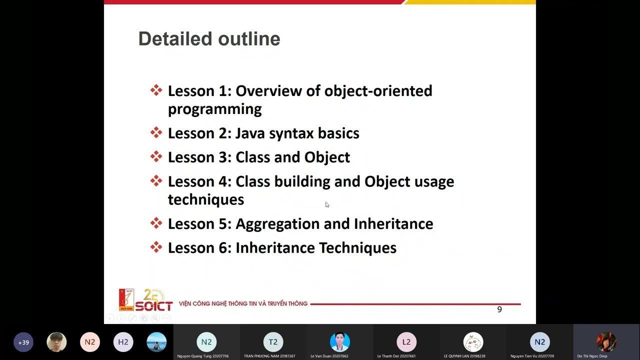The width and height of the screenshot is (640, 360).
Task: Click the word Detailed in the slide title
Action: tap(167, 39)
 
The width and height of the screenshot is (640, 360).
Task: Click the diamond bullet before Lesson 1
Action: tap(156, 90)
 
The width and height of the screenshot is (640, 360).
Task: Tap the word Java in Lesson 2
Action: tap(250, 133)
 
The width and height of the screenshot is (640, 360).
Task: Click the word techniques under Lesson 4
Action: tap(205, 199)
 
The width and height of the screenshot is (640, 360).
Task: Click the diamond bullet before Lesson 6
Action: tap(156, 247)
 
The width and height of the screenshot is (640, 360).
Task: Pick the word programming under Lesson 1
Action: tap(214, 109)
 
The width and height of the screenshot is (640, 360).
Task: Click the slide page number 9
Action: tap(499, 309)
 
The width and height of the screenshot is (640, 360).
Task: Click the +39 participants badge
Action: tap(23, 342)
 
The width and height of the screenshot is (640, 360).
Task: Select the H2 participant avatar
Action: tap(123, 342)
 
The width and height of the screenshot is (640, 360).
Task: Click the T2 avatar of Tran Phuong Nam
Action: tap(273, 342)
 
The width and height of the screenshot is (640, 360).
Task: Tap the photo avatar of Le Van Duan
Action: tap(339, 342)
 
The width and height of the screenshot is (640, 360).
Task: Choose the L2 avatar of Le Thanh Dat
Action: tap(406, 342)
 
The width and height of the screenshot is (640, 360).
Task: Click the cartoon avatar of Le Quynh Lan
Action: tap(473, 342)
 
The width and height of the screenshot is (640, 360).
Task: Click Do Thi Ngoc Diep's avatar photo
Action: tap(606, 342)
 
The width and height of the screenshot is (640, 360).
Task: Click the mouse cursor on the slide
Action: tap(327, 204)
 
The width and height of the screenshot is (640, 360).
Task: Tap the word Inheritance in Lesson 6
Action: tap(275, 248)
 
